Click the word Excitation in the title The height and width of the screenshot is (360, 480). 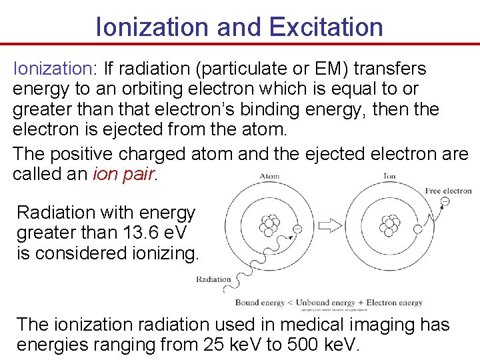(326, 27)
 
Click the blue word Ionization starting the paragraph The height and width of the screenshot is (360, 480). (54, 69)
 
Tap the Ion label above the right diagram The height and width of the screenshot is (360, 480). (389, 177)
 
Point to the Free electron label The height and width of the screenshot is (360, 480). (448, 191)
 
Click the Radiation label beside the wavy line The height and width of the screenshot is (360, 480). (213, 279)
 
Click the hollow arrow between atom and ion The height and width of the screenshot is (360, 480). (331, 227)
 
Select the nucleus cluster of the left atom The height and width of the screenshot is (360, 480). (270, 225)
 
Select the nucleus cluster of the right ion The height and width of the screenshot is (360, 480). (389, 225)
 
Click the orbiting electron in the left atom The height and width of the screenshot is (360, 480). (297, 229)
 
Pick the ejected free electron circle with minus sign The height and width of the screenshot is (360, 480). (445, 201)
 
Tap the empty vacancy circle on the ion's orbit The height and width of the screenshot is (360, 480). (417, 229)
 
